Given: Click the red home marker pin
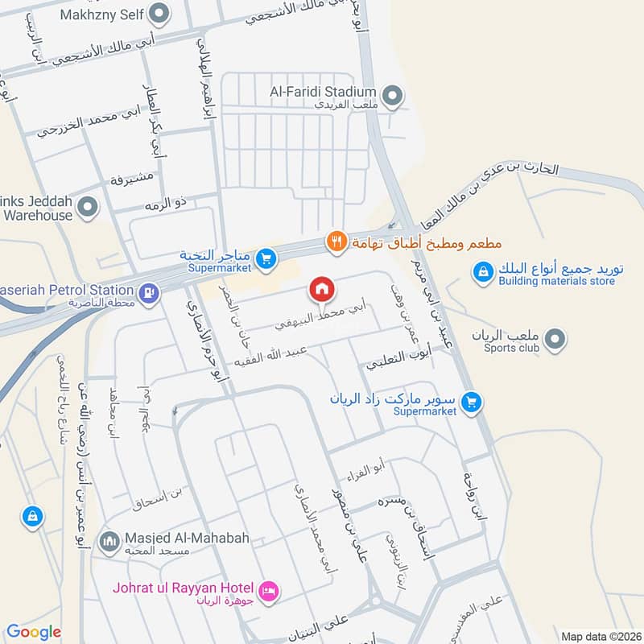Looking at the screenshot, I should tap(321, 289).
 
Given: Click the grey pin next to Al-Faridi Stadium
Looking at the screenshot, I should tap(392, 97).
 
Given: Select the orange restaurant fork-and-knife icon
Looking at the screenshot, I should tap(336, 241).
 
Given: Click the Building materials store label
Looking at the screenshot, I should tap(556, 281).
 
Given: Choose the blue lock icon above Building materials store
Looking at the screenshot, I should tap(482, 274).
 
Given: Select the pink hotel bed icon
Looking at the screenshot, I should tap(271, 591).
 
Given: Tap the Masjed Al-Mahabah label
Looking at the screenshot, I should tap(175, 538).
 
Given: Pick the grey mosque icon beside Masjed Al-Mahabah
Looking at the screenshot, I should tap(109, 538).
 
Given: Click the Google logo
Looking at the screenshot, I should tap(34, 632).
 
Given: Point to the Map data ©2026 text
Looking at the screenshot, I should tap(600, 636).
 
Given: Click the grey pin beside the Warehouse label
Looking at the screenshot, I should tap(89, 208).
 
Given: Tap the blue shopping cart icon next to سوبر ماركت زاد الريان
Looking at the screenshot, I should tap(473, 401).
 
